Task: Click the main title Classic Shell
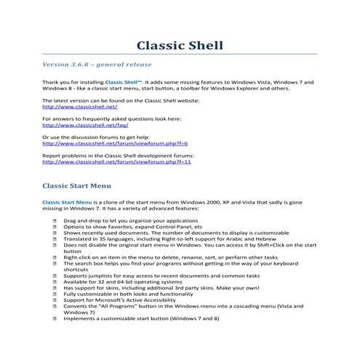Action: (x=180, y=46)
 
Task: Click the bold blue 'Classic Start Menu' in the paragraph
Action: (x=68, y=201)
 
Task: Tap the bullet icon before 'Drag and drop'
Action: (x=56, y=219)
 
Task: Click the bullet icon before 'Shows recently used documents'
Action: (x=56, y=233)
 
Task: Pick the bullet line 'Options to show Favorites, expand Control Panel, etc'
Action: (x=135, y=225)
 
